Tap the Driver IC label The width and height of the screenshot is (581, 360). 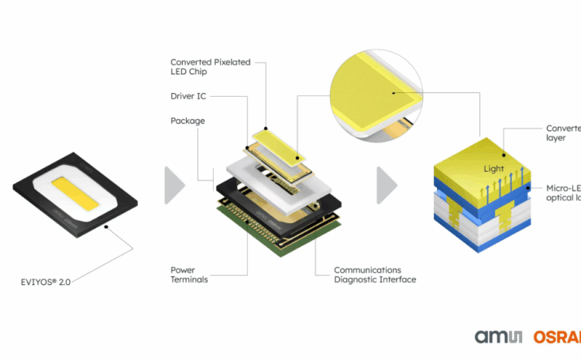(x=187, y=96)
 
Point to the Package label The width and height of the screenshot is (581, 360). (x=187, y=121)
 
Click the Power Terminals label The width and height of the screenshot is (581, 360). (x=189, y=275)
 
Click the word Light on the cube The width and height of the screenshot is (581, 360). (x=493, y=169)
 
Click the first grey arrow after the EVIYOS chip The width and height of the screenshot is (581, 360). (x=174, y=185)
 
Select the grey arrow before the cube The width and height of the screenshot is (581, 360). (x=387, y=185)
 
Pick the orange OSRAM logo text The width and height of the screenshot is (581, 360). (x=557, y=338)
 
